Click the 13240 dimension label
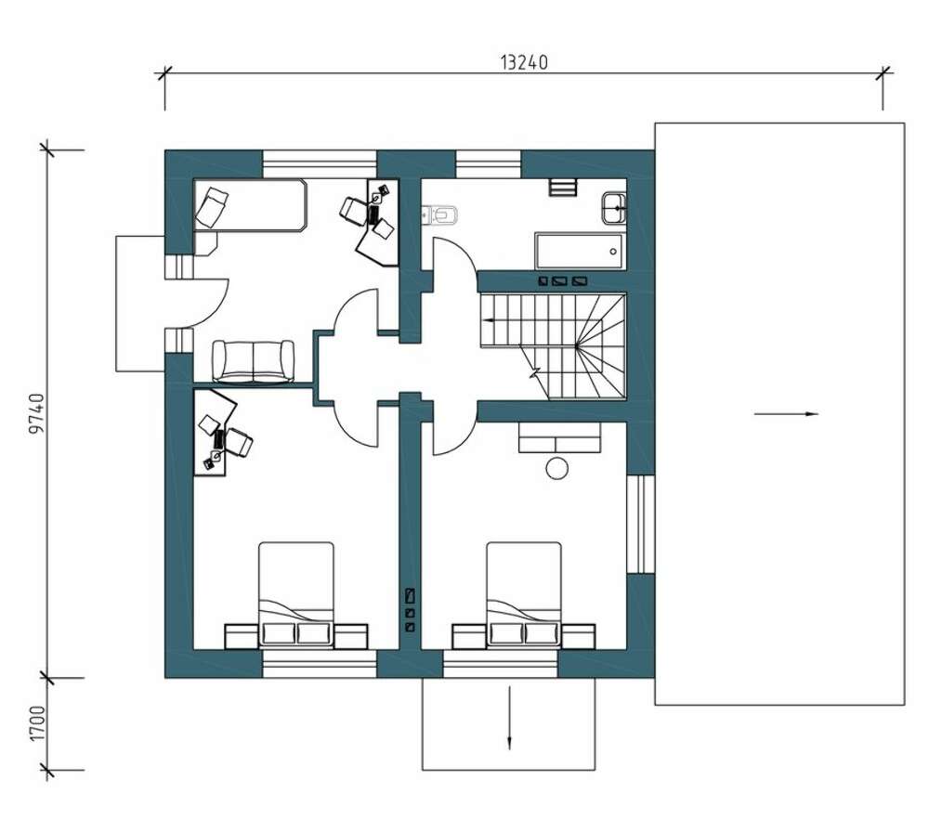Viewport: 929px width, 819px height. tap(524, 62)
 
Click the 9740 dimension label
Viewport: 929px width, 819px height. tap(37, 413)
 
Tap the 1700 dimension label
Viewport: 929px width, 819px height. tap(37, 722)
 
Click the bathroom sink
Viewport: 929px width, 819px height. tap(614, 208)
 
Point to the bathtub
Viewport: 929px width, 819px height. tap(579, 251)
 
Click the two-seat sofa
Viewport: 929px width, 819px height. tap(253, 361)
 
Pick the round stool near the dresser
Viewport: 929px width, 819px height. tap(556, 468)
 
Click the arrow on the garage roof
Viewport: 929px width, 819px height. tap(786, 414)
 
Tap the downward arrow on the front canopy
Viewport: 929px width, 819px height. tap(509, 717)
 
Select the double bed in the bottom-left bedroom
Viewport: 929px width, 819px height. tap(296, 594)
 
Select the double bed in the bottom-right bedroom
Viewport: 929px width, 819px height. tap(524, 594)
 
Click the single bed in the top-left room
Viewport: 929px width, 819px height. tap(250, 204)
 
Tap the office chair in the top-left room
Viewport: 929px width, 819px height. tap(354, 211)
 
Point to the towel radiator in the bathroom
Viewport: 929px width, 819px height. tap(562, 187)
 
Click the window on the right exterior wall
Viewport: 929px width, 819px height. tap(640, 524)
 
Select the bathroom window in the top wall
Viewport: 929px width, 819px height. tap(489, 164)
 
